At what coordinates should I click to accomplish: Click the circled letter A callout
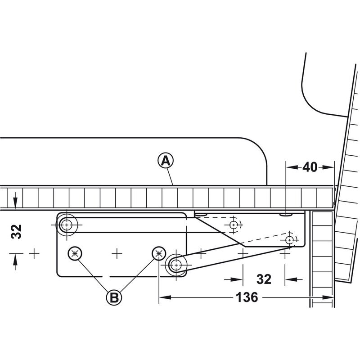(166, 161)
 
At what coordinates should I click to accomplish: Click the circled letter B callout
(114, 298)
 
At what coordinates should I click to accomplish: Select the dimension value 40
(310, 167)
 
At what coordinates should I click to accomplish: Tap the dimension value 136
(247, 297)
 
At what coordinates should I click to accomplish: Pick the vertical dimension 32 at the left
(16, 231)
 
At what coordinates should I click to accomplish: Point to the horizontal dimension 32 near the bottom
(264, 279)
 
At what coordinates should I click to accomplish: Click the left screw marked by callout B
(75, 253)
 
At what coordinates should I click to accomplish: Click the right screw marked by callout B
(159, 253)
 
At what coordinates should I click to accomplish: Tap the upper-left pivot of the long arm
(67, 225)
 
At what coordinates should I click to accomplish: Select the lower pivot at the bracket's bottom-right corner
(176, 265)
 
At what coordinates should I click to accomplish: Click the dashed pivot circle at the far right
(290, 240)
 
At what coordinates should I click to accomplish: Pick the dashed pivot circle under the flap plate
(234, 224)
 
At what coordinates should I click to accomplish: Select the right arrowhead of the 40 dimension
(328, 167)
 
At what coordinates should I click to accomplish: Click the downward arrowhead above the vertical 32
(15, 203)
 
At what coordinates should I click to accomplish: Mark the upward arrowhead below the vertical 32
(15, 260)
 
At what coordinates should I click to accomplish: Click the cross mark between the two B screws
(117, 253)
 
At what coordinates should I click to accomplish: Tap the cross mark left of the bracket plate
(34, 253)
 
